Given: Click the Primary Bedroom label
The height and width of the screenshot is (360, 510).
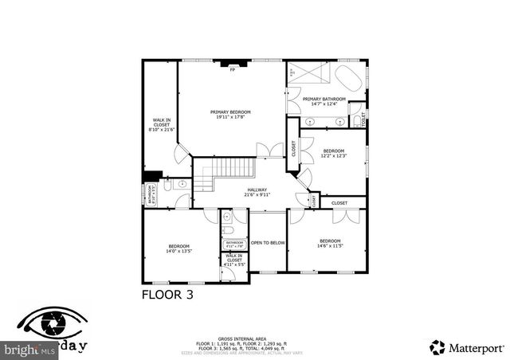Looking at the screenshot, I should coord(230,115).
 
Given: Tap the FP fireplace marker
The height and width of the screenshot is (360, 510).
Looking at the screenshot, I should coord(233,70).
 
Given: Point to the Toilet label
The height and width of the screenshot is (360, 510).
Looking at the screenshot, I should coord(363,119).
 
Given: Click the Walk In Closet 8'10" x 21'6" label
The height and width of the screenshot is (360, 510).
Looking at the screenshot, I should coord(161,127).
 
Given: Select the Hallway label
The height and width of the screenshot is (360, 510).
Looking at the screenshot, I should coord(256,192).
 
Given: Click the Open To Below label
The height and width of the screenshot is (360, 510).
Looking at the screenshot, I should coord(268,242).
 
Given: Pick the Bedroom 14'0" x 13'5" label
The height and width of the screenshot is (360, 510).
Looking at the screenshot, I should coord(179,248).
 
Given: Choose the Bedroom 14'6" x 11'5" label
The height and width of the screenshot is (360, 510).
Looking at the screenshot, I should coord(330,243).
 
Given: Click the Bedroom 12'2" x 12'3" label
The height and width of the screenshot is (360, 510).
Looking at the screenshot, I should coord(333,153).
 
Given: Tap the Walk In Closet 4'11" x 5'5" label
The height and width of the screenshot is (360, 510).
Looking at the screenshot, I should coord(234,260).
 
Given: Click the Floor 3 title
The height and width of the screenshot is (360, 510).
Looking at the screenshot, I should coord(167,294).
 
